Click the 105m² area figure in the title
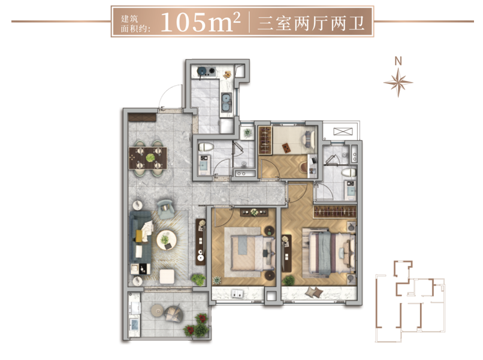tap(200, 22)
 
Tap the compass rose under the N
tap(399, 82)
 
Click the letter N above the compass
tap(399, 61)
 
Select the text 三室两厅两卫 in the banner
tap(311, 23)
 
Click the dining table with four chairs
tap(148, 158)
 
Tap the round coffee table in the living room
tap(167, 240)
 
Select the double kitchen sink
tap(227, 101)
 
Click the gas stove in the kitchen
tap(207, 71)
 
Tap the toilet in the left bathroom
tap(206, 147)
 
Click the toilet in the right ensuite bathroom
tap(349, 173)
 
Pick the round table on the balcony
tap(157, 310)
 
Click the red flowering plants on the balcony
tap(197, 325)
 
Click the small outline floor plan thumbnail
tap(410, 301)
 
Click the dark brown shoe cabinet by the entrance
tap(142, 117)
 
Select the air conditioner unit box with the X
tap(343, 132)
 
